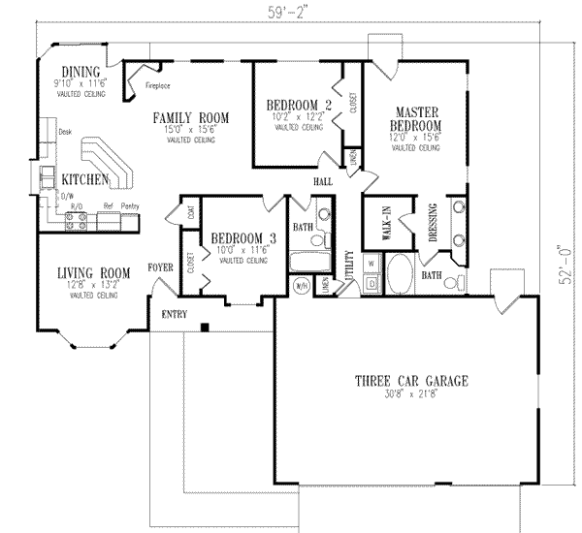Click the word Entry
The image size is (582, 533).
[x=174, y=314]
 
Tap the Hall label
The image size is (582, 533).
[x=323, y=181]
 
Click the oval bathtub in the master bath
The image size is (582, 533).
[x=401, y=272]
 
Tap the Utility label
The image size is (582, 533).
[x=349, y=265]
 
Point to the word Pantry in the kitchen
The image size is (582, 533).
[x=128, y=206]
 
